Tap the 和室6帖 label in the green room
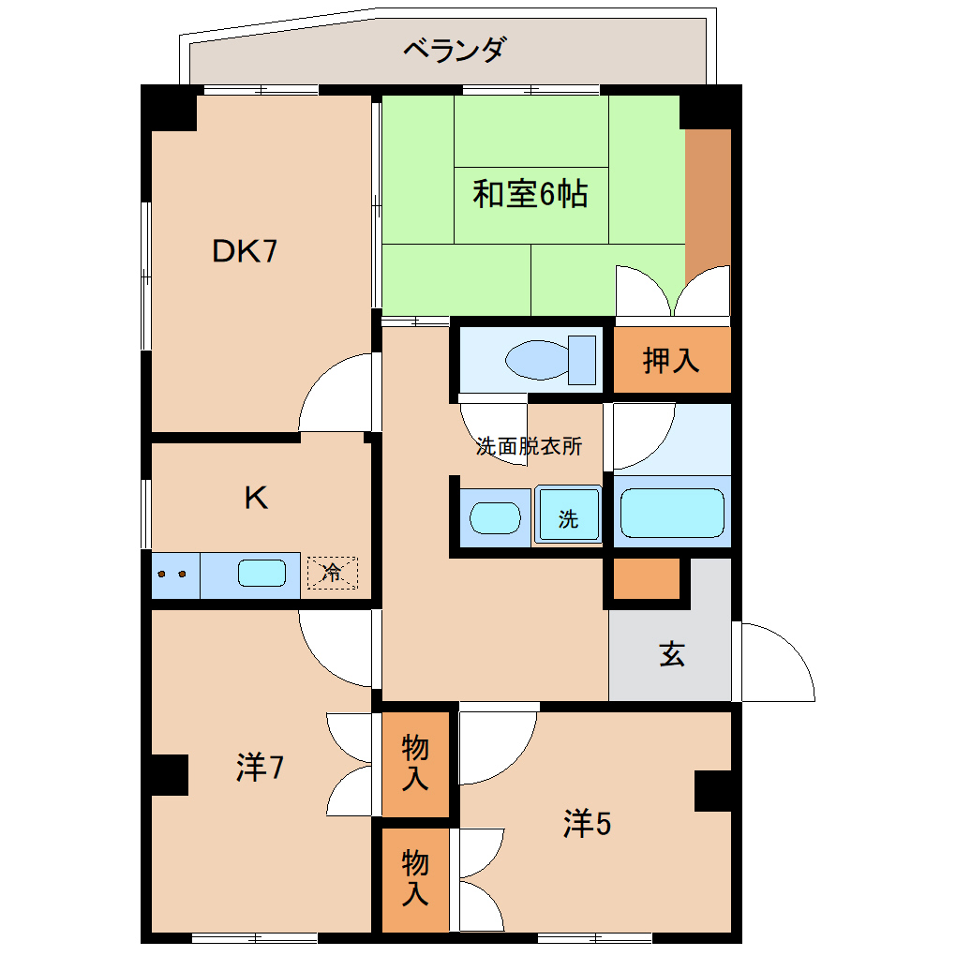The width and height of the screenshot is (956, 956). [x=530, y=194]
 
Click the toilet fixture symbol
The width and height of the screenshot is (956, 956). [x=550, y=359]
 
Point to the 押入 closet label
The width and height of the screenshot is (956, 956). [x=671, y=360]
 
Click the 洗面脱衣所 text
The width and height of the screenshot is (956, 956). [x=529, y=446]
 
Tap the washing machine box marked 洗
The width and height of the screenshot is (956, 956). [x=568, y=516]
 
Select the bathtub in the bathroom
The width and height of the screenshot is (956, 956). [x=672, y=513]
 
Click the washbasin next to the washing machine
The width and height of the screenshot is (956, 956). [x=494, y=517]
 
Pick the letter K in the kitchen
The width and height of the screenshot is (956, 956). [x=256, y=498]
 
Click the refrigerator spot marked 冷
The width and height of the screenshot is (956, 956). [x=332, y=573]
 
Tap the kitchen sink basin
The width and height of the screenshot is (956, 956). [x=261, y=573]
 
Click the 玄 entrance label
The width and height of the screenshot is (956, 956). [x=671, y=653]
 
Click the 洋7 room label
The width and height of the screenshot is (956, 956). [x=260, y=768]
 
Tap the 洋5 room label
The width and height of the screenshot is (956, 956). [x=587, y=824]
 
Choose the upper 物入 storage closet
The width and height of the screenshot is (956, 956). [x=415, y=763]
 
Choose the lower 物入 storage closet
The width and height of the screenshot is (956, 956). [x=415, y=878]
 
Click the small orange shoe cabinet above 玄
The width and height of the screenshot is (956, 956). [x=647, y=578]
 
